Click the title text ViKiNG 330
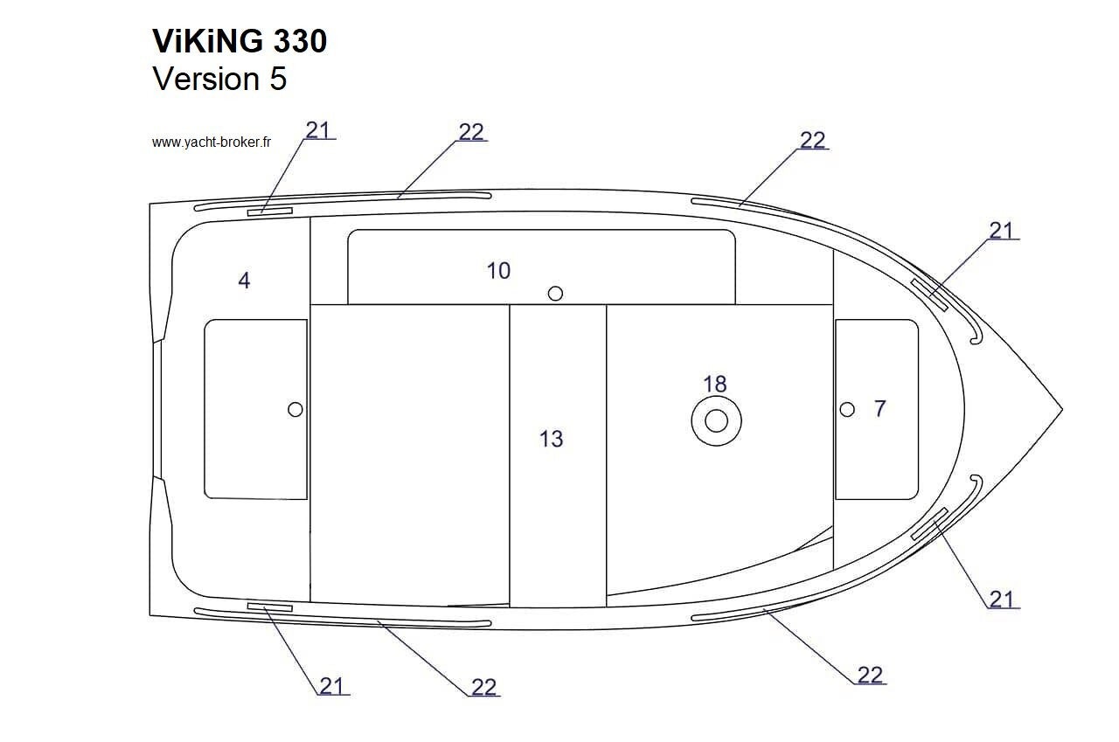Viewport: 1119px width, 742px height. point(240,40)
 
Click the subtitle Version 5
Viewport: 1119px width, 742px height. point(219,79)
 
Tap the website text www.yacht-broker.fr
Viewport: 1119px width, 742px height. point(212,142)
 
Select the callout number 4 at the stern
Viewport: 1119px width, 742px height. point(244,281)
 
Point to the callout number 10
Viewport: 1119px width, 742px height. point(498,271)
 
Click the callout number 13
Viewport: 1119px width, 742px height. point(552,439)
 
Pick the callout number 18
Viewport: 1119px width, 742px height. point(715,384)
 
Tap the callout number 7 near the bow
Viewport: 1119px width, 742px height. point(880,408)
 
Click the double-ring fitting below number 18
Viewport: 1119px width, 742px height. point(716,421)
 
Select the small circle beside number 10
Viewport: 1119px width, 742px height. point(555,294)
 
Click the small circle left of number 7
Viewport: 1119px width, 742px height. point(847,409)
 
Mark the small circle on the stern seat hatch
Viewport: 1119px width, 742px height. point(295,409)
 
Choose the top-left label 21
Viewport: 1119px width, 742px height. point(318,131)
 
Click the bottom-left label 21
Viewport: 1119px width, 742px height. point(331,686)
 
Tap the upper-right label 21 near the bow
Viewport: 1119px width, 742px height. point(1002,231)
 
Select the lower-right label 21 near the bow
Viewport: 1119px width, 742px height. point(1002,600)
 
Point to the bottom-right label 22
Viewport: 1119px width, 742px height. point(870,676)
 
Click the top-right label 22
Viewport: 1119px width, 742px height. point(813,141)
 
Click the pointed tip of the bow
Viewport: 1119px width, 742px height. point(1062,409)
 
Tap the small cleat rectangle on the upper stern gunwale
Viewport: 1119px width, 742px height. point(270,212)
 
